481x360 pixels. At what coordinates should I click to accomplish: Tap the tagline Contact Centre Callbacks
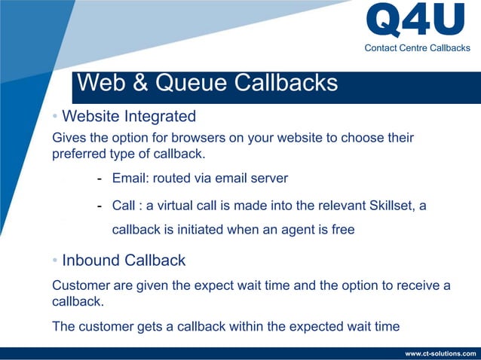click(417, 48)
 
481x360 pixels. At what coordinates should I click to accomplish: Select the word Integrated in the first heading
click(160, 117)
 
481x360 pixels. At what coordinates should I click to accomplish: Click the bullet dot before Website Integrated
click(55, 117)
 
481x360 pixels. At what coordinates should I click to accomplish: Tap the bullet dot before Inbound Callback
click(55, 261)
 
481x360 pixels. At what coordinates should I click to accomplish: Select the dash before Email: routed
click(100, 179)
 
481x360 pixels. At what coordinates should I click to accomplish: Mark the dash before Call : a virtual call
click(100, 206)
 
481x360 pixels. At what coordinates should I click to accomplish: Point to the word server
click(269, 178)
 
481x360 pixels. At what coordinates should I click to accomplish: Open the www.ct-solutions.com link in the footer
click(440, 353)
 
